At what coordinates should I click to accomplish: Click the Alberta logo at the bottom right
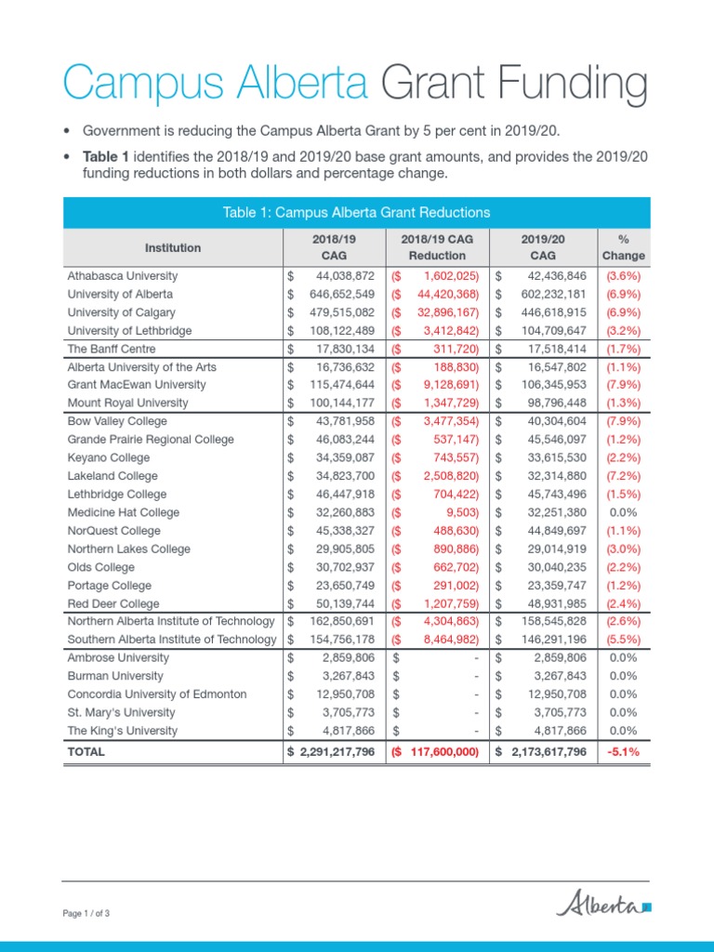click(603, 903)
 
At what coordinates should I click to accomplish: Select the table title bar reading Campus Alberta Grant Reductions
click(356, 213)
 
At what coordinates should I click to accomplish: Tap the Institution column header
click(172, 247)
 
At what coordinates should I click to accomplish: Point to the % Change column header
click(623, 247)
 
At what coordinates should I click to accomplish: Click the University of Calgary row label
click(121, 312)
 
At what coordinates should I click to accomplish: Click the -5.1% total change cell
click(623, 751)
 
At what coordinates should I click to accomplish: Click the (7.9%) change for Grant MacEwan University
click(623, 385)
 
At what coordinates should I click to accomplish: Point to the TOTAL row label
click(86, 751)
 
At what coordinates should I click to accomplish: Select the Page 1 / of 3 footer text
click(86, 914)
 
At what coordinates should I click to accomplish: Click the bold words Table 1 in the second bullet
click(104, 156)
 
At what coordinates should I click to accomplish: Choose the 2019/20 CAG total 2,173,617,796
click(549, 751)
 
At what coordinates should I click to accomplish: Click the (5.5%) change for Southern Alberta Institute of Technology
click(623, 640)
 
